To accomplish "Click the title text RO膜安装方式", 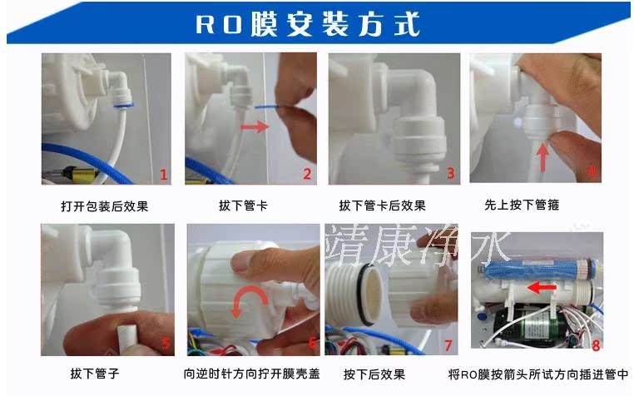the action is tap(307, 24).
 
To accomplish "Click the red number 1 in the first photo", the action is tap(163, 175).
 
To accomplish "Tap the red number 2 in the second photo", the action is tap(307, 174).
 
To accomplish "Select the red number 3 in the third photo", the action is tap(451, 174).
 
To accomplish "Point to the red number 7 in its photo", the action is tap(448, 345).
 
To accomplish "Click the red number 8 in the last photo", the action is tap(596, 345).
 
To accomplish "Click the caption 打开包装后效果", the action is tap(105, 206).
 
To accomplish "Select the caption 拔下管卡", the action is tap(244, 205).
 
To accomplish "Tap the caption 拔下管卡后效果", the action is tap(383, 205).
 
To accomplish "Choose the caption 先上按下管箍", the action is tap(522, 205).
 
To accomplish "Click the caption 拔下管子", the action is tap(95, 373).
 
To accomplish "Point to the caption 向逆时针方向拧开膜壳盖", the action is tap(251, 374).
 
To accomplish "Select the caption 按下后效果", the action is tap(374, 374).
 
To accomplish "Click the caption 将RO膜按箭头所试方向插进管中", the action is tap(538, 374).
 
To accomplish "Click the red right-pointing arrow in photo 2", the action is tap(255, 127).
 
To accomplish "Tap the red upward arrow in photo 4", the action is tap(543, 158).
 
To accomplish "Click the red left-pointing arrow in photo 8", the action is tap(542, 288).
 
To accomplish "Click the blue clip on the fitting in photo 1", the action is tap(124, 106).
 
